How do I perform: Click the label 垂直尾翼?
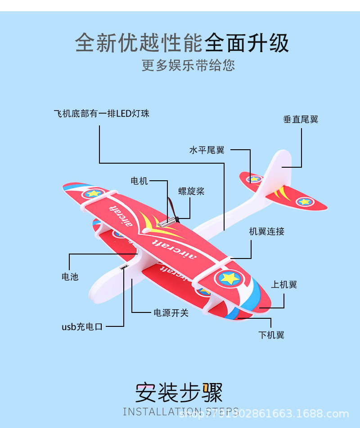(301, 120)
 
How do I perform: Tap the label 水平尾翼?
(207, 150)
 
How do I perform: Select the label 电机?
(139, 181)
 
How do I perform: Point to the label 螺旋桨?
(191, 191)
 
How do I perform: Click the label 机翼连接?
(267, 232)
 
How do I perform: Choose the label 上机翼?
(284, 285)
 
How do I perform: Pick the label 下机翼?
(271, 335)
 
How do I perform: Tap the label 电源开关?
(171, 312)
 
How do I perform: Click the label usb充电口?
(82, 327)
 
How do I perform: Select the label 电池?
(70, 277)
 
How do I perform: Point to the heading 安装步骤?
(179, 392)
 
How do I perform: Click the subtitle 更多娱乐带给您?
(188, 66)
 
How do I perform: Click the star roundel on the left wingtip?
(93, 194)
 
